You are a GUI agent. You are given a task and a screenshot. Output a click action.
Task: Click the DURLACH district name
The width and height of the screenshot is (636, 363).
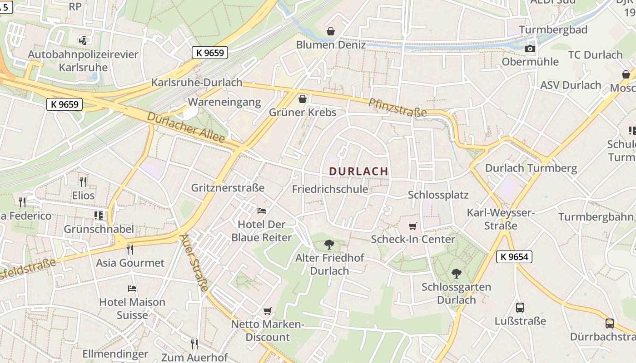point(358,171)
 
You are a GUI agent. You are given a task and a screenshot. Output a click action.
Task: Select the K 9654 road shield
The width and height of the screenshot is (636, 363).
point(514,256)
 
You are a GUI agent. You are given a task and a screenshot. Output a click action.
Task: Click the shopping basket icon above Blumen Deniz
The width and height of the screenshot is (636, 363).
point(331,31)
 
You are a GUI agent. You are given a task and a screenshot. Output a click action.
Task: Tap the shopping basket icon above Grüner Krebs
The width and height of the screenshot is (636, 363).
point(303,99)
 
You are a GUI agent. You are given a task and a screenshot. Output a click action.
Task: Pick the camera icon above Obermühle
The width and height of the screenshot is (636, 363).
point(530,49)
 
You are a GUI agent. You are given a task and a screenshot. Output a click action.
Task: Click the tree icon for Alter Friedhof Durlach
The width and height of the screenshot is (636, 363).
point(329,245)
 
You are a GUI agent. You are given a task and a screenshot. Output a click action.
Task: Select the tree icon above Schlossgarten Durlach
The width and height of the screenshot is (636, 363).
point(456,274)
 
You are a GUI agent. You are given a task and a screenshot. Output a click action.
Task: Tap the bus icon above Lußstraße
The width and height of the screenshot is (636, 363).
point(520,307)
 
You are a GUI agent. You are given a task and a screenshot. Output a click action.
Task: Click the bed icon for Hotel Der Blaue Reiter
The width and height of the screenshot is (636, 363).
point(262,211)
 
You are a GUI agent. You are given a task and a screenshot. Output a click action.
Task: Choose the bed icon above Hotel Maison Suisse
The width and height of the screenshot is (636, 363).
point(132,288)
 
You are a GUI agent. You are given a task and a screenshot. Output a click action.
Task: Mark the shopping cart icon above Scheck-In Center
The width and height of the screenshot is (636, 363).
point(412,226)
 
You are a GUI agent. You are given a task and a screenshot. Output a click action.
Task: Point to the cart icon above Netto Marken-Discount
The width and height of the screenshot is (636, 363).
point(268,311)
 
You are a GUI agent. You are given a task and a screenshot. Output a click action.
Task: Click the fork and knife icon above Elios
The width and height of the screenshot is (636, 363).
point(83,182)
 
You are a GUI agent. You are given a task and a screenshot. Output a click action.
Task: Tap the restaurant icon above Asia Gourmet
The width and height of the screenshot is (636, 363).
point(130,249)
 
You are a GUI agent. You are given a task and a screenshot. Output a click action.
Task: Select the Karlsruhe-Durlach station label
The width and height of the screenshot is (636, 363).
point(197,83)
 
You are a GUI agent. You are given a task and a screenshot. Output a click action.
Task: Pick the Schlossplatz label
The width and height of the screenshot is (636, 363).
point(438,195)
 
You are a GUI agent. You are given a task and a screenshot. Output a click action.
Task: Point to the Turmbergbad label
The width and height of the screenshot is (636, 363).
point(553,29)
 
